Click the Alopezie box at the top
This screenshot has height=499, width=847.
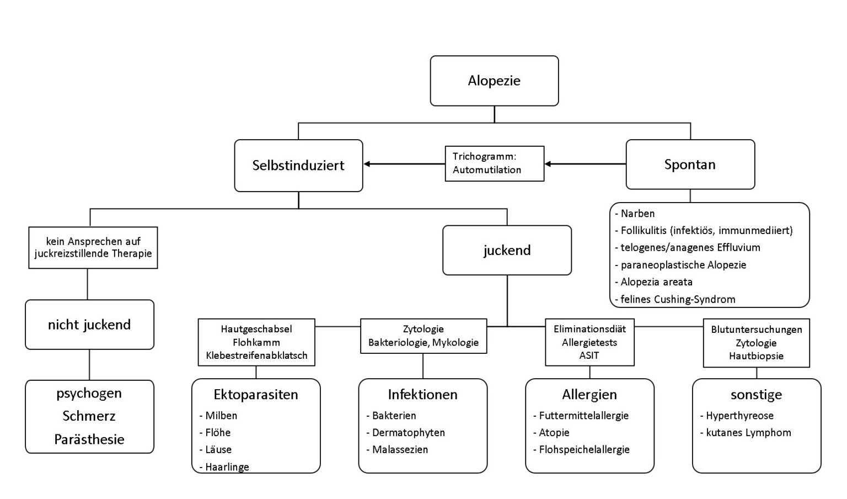point(494,81)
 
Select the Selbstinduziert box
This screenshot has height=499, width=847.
point(298,166)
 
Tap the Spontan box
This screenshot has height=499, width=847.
point(690,164)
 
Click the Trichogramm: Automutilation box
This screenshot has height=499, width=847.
point(494,163)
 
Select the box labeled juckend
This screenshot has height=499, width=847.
point(507,250)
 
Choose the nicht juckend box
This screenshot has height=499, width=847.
point(89,325)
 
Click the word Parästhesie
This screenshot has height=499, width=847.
point(89,439)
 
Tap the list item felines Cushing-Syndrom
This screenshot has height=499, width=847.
point(678,299)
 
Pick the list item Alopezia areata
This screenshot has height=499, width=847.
point(656,282)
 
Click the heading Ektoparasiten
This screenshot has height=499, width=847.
point(256,395)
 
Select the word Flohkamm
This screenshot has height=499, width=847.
point(256,342)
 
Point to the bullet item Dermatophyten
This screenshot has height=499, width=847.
point(408,433)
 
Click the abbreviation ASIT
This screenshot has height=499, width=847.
point(589,355)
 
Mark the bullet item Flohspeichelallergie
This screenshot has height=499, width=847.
point(584,450)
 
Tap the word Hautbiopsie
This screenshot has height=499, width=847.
point(756,356)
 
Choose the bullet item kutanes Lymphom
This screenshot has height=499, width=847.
point(748,433)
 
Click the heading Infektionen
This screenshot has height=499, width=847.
point(422,395)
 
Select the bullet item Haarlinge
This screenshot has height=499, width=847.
point(227,467)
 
